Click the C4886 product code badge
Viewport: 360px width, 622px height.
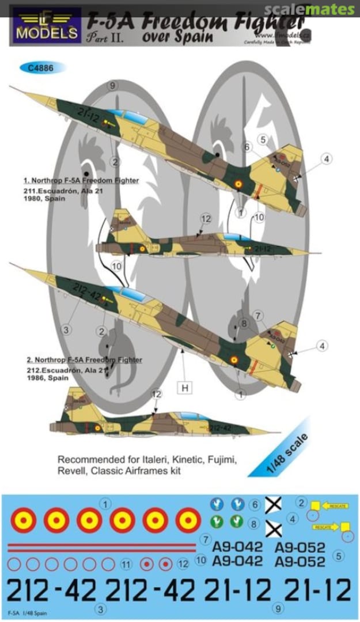click(x=43, y=67)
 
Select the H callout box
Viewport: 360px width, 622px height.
click(x=185, y=388)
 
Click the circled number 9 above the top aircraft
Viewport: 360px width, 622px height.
click(x=113, y=86)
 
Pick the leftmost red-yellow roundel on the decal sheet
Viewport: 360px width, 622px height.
click(x=24, y=521)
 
